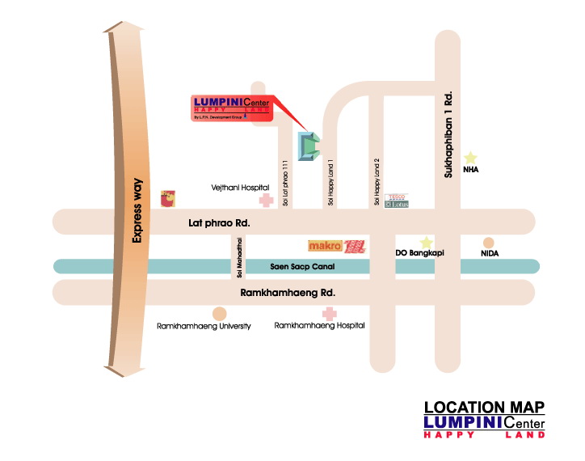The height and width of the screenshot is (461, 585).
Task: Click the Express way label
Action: [137, 211]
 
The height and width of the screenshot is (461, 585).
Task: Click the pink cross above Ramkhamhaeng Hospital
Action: [328, 313]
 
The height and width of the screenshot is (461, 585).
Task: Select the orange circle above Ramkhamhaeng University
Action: [219, 313]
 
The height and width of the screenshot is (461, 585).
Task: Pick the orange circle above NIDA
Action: [488, 242]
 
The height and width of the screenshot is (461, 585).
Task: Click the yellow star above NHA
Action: [470, 158]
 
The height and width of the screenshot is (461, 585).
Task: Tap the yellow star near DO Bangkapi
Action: [426, 242]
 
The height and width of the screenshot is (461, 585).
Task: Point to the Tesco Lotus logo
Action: [398, 200]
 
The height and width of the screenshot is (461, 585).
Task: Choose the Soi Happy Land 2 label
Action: [377, 182]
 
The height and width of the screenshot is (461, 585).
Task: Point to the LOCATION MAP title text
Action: [484, 407]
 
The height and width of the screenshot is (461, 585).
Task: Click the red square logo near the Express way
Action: [169, 197]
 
